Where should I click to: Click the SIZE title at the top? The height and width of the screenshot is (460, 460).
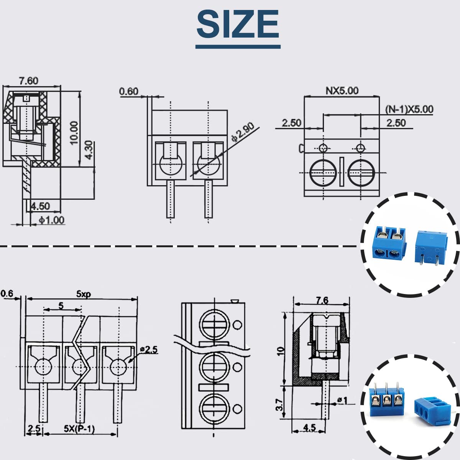point(238,24)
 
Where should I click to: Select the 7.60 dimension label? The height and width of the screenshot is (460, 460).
point(29,80)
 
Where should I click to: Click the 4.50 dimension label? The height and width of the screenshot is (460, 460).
point(40,206)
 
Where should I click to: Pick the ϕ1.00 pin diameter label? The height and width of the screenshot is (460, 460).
point(51,220)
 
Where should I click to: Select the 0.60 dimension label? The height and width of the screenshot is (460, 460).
point(128,91)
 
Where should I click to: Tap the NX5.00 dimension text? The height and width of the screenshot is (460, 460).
point(342,90)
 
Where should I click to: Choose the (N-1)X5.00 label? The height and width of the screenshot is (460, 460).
point(409,109)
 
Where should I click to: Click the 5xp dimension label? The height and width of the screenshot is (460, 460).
point(83,294)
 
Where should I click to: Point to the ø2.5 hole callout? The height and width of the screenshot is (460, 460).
point(149,349)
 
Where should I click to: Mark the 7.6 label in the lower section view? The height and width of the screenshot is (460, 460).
point(322,300)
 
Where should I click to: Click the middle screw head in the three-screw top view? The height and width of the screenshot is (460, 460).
point(214,367)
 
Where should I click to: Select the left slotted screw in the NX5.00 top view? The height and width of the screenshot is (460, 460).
point(323,172)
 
